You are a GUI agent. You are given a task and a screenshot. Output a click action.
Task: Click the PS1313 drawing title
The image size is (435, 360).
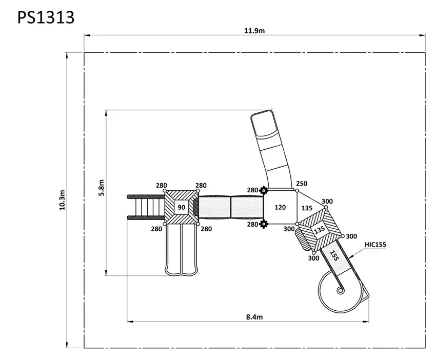(x=46, y=17)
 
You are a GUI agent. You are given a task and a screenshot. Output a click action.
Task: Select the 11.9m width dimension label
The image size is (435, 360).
(x=254, y=30)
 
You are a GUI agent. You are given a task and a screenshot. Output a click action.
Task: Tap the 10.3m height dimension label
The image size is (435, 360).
(x=62, y=200)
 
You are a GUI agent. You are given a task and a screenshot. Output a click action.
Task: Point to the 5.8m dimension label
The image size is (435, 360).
(x=101, y=188)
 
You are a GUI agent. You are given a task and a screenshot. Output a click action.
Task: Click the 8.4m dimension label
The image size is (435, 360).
(x=254, y=317)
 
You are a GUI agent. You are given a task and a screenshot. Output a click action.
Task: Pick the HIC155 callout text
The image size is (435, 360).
(x=375, y=244)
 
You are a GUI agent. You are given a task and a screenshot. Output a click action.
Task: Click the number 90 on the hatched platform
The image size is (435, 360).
(x=182, y=207)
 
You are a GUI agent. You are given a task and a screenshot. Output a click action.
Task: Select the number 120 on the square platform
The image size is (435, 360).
(x=280, y=207)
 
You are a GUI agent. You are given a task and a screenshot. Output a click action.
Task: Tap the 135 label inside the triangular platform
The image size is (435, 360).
(x=307, y=208)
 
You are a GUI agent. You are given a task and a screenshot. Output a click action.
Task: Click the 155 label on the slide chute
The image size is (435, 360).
(x=334, y=255)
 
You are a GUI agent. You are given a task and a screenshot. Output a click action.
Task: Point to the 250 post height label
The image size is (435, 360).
(x=302, y=184)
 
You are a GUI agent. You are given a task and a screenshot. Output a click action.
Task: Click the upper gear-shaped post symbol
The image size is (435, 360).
(x=264, y=191)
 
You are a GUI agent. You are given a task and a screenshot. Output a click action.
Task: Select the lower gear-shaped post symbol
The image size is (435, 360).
(x=264, y=224)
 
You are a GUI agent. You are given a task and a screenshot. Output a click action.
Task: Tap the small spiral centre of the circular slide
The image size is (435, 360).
(x=340, y=290)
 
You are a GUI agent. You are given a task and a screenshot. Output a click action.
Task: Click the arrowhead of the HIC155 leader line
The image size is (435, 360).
(x=351, y=256)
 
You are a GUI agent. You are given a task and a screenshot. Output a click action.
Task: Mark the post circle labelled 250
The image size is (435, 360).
(x=297, y=191)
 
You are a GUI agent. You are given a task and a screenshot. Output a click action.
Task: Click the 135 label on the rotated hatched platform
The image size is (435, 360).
(x=319, y=230)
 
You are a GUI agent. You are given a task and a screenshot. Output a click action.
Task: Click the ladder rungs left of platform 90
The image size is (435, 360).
(x=146, y=207)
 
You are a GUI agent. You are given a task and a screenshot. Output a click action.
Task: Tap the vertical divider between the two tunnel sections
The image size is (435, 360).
(x=231, y=207)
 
